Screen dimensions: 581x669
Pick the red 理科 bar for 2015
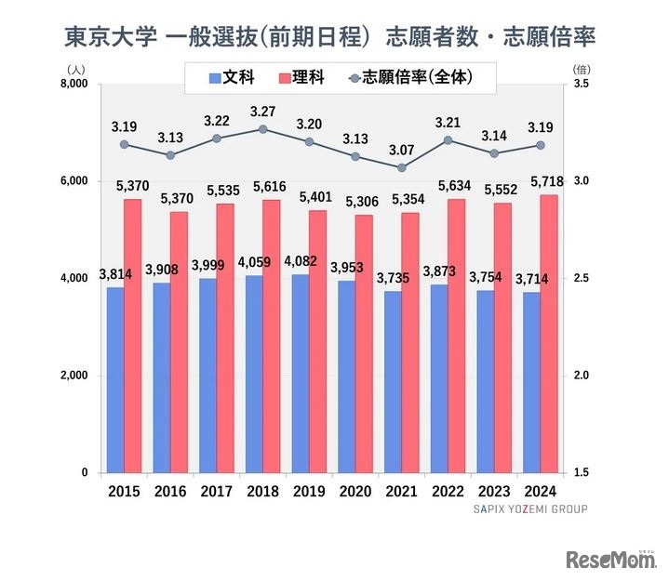click(132, 336)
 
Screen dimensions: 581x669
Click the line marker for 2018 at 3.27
click(263, 129)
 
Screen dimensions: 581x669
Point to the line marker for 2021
click(401, 167)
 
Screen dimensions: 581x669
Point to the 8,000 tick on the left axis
click(73, 84)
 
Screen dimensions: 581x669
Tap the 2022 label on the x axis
click(448, 491)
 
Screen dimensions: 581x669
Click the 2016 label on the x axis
click(170, 491)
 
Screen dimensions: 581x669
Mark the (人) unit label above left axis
click(77, 68)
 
